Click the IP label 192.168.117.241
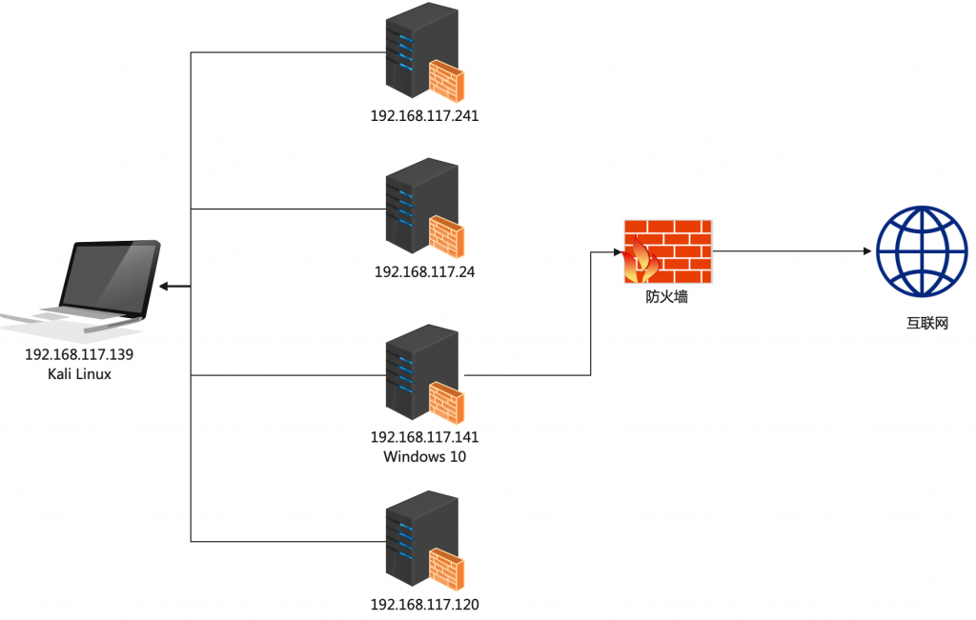pos(424,116)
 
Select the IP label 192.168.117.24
pos(424,271)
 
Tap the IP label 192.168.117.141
pos(424,437)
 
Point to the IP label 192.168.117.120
pos(424,604)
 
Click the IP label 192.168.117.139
pos(79,354)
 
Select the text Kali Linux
pos(79,374)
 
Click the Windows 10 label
pos(424,456)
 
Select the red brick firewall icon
pos(668,251)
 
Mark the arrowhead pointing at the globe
pos(866,251)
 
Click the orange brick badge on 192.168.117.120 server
pos(447,570)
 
